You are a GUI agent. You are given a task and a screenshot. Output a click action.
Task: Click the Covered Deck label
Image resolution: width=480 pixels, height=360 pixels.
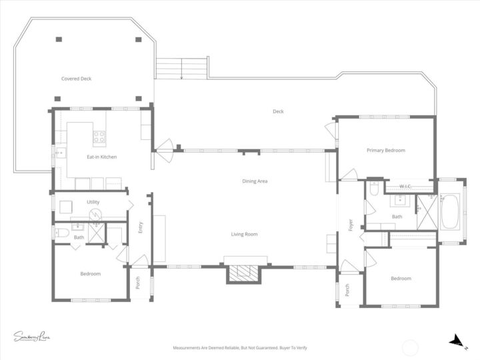click(76, 79)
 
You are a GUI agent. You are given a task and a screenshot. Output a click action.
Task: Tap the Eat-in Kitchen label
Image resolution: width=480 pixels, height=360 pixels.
click(102, 157)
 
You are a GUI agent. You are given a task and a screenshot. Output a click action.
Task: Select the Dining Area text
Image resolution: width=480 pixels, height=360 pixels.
click(255, 181)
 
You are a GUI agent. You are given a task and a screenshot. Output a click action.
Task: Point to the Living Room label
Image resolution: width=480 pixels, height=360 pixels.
click(244, 234)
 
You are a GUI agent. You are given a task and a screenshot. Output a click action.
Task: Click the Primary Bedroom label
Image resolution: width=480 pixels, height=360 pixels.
click(385, 151)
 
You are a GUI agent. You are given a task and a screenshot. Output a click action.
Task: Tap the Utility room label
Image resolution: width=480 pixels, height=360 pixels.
click(93, 201)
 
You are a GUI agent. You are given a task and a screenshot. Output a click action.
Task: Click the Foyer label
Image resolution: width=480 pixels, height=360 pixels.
click(350, 225)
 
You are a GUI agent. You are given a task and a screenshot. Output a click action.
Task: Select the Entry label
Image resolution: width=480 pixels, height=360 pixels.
click(140, 227)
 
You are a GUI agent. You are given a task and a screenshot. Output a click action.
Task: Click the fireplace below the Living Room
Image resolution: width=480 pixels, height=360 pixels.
click(245, 273)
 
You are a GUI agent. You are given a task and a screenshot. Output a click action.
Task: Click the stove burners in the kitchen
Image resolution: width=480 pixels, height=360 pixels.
click(99, 137)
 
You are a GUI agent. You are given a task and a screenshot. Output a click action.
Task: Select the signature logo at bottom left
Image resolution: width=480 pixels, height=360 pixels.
click(32, 337)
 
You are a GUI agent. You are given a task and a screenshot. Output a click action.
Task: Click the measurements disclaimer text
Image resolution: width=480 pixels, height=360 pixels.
click(240, 348)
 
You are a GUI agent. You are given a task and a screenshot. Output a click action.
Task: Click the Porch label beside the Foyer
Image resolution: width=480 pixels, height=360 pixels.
click(347, 290)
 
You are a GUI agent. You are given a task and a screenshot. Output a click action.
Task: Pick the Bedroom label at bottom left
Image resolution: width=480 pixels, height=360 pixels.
click(91, 274)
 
